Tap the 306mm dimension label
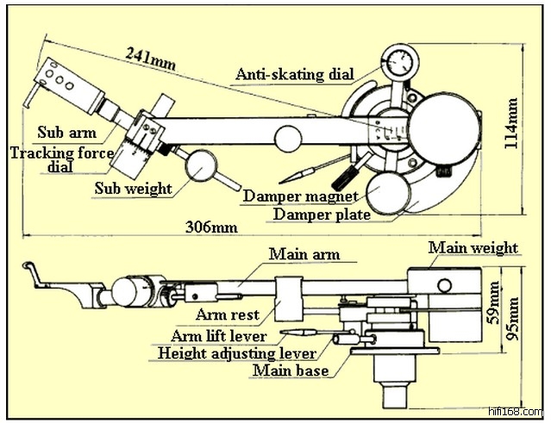click(x=211, y=227)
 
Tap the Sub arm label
click(x=66, y=134)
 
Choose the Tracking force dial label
click(x=62, y=159)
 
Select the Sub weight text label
click(x=134, y=188)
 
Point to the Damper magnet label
click(x=300, y=196)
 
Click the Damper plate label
click(x=322, y=215)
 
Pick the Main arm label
click(x=304, y=254)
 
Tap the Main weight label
click(x=473, y=248)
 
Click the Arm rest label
click(x=228, y=314)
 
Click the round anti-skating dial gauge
click(x=399, y=63)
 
